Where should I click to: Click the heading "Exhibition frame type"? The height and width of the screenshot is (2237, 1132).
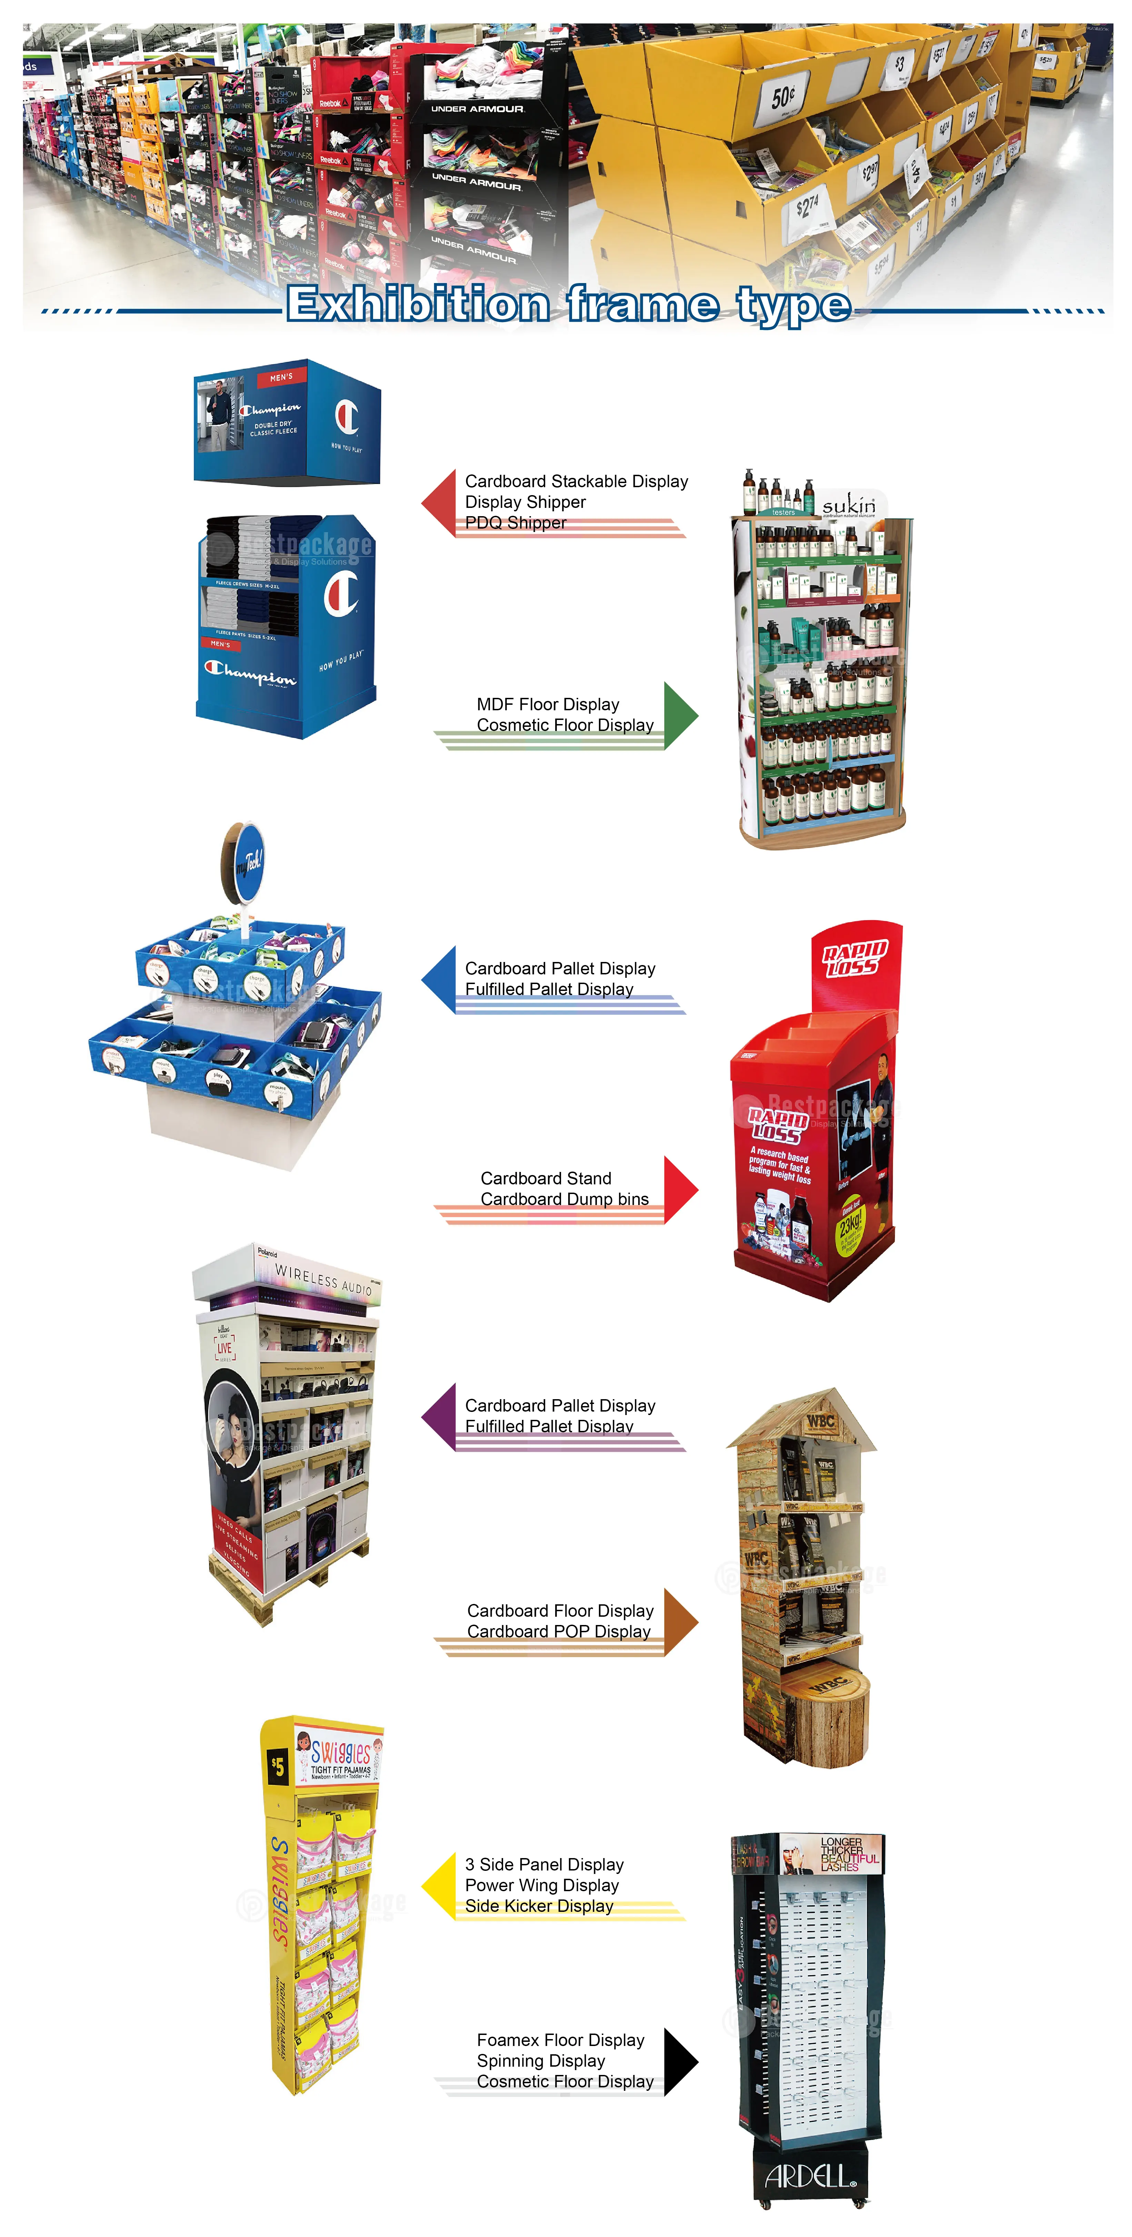[x=569, y=304]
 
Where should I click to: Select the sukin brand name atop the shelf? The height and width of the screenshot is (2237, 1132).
[x=849, y=504]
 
